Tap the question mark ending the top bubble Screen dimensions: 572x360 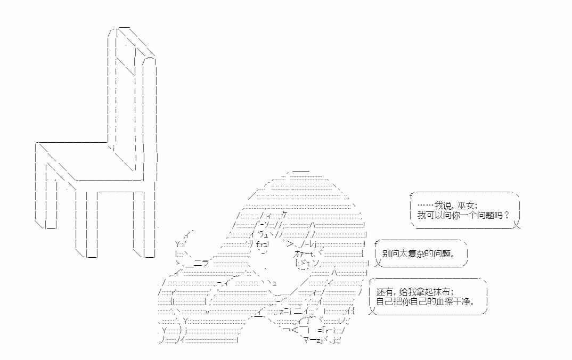(506, 215)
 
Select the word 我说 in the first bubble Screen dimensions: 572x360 (443, 206)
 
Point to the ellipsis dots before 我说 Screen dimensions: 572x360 (426, 206)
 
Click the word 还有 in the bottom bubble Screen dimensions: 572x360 (385, 292)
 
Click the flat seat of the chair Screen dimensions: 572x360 (89, 161)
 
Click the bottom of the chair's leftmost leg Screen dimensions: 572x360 (51, 226)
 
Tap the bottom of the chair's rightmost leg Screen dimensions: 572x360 (150, 255)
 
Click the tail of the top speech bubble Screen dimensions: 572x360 (517, 225)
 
